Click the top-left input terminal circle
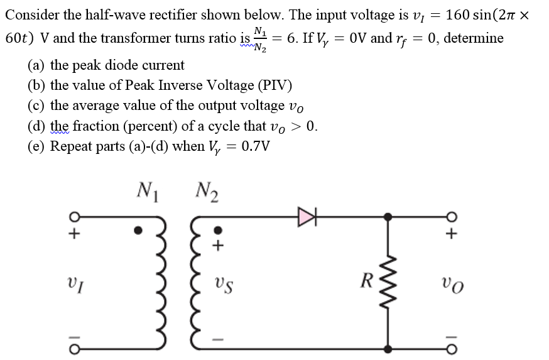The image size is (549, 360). pyautogui.click(x=74, y=217)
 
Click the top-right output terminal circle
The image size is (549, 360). pyautogui.click(x=452, y=217)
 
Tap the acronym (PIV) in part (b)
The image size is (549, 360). pyautogui.click(x=273, y=85)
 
